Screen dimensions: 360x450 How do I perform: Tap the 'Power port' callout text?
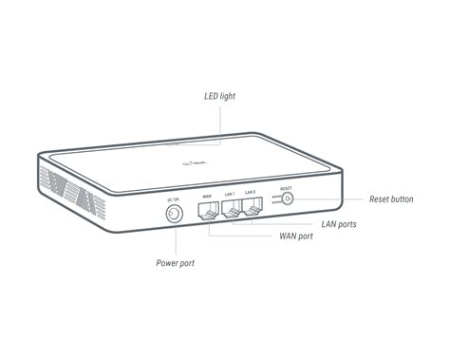pos(177,262)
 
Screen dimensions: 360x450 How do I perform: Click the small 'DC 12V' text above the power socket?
pos(173,199)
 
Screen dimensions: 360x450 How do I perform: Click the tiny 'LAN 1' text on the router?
pos(229,194)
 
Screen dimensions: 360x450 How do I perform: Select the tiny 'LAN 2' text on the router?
pos(250,193)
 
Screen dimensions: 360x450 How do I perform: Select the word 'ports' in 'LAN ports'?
pos(347,224)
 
